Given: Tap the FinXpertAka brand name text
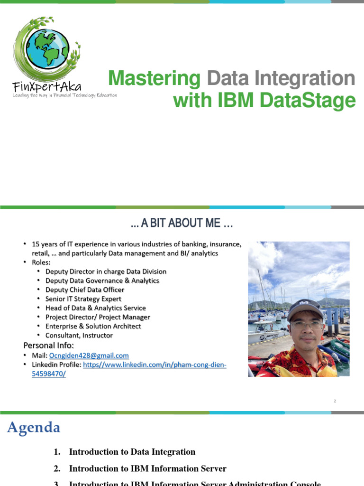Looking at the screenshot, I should tap(47, 86).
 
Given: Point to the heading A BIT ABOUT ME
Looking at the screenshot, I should tap(182, 223).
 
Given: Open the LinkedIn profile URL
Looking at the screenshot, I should tap(155, 364).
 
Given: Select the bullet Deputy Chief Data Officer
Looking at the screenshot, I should tap(85, 290).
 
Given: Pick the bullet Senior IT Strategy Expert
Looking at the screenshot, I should tap(83, 299).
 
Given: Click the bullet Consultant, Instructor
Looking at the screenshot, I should tap(79, 336).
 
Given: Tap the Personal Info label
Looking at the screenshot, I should tap(49, 345).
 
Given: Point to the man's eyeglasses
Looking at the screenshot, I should tap(306, 325).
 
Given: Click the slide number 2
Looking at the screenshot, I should tap(335, 401).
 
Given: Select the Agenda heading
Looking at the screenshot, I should tap(34, 428).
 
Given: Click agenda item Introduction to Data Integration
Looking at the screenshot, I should tap(132, 452).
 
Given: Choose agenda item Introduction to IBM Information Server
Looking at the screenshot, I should tap(147, 468).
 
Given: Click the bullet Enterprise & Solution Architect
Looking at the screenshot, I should tap(93, 326).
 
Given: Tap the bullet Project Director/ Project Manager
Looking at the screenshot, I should tap(98, 317).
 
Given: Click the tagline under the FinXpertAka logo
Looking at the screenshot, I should tap(64, 95).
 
